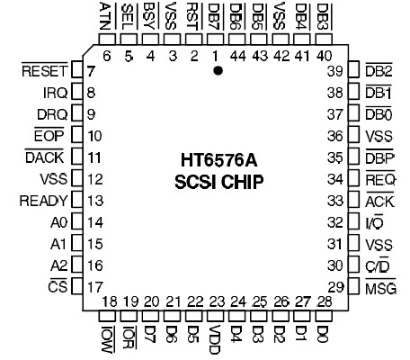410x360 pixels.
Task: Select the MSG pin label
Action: point(381,287)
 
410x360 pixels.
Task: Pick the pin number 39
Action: point(337,71)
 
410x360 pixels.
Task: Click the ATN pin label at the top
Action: point(106,16)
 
